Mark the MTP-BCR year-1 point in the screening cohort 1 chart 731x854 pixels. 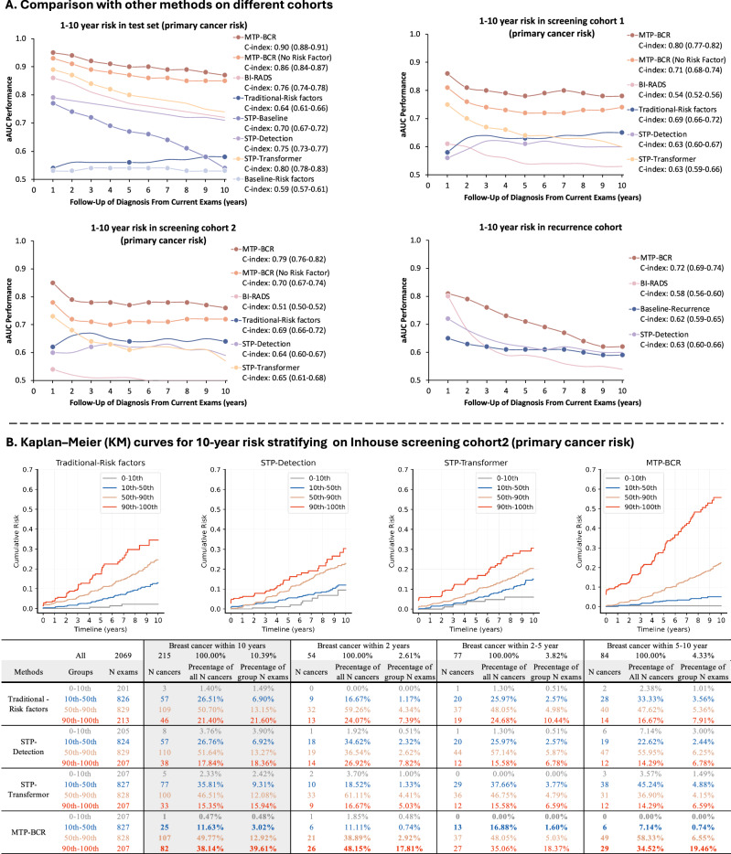coord(420,73)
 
